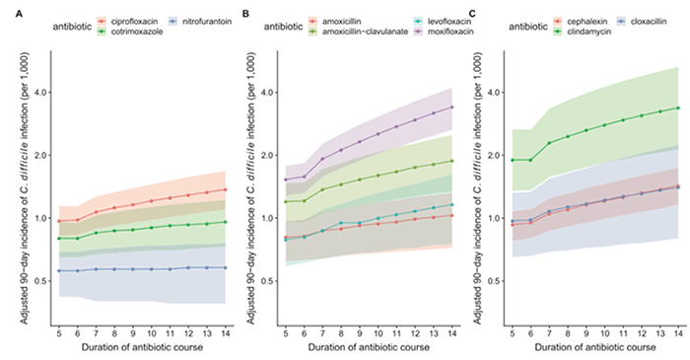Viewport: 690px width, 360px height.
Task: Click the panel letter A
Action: [x=9, y=11]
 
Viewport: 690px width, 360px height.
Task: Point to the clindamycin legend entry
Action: [x=583, y=32]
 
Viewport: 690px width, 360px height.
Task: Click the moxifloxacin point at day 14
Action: [x=451, y=107]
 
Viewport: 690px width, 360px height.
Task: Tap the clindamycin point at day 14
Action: [x=677, y=108]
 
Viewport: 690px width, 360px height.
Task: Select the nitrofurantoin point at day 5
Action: [x=58, y=270]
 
